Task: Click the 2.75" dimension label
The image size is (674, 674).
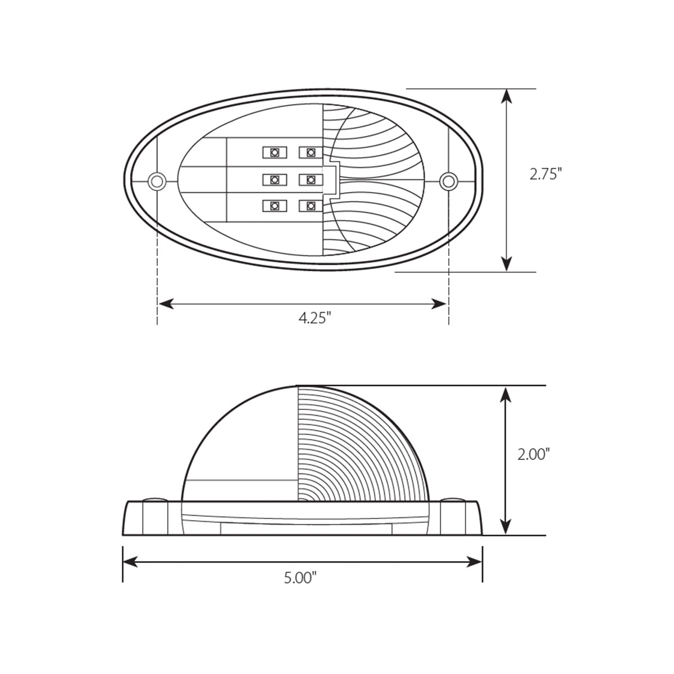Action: click(x=545, y=174)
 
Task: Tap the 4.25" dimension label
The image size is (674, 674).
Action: click(x=315, y=318)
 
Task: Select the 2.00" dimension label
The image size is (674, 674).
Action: click(x=533, y=454)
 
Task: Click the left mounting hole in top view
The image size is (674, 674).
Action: click(x=156, y=181)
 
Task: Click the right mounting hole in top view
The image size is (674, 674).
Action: click(x=448, y=181)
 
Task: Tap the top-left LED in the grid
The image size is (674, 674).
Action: click(x=275, y=152)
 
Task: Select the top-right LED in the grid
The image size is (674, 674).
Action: click(x=310, y=152)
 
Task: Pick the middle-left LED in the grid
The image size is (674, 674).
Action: click(x=275, y=179)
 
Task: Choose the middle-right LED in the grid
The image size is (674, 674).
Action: click(x=310, y=179)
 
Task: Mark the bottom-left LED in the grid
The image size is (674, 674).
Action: click(x=275, y=206)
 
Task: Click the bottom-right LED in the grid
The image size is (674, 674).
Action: click(x=310, y=206)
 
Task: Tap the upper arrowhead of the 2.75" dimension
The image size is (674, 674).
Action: click(x=507, y=97)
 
